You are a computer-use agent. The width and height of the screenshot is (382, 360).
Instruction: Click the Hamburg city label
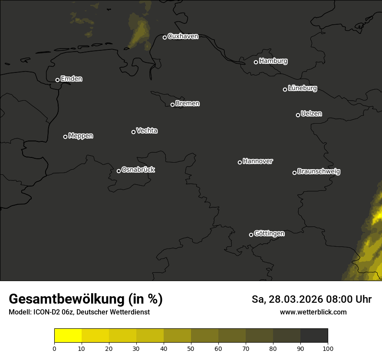click(273, 61)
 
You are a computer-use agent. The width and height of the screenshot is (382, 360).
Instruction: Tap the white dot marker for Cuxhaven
click(165, 37)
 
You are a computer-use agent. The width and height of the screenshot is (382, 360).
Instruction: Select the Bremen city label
click(188, 104)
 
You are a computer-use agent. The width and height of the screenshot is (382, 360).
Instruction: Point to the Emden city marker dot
click(57, 80)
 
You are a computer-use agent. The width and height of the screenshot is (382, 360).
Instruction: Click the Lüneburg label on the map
click(302, 88)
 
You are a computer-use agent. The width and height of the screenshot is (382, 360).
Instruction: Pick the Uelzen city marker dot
click(298, 115)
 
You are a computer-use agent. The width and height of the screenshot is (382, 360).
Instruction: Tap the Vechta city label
click(147, 131)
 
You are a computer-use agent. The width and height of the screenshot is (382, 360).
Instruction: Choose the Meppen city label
click(81, 136)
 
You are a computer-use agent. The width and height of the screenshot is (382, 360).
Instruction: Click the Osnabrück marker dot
click(119, 171)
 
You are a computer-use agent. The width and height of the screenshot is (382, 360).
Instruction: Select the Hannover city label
click(258, 161)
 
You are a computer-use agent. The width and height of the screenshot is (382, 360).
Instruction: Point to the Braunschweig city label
click(319, 172)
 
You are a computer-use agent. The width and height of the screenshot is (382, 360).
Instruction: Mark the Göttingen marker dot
click(251, 235)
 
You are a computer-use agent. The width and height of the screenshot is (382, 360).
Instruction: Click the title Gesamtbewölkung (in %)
click(86, 299)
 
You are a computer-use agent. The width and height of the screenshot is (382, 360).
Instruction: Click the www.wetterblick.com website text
click(313, 312)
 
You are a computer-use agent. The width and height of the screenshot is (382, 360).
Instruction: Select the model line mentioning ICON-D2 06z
click(79, 312)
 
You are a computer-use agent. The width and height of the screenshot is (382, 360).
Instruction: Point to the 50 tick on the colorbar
click(191, 348)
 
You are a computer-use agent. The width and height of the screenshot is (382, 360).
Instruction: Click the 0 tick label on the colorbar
click(54, 348)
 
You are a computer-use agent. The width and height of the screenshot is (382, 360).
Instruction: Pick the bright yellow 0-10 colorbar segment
click(68, 336)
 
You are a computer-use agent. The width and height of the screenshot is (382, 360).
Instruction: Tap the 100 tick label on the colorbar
click(328, 348)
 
